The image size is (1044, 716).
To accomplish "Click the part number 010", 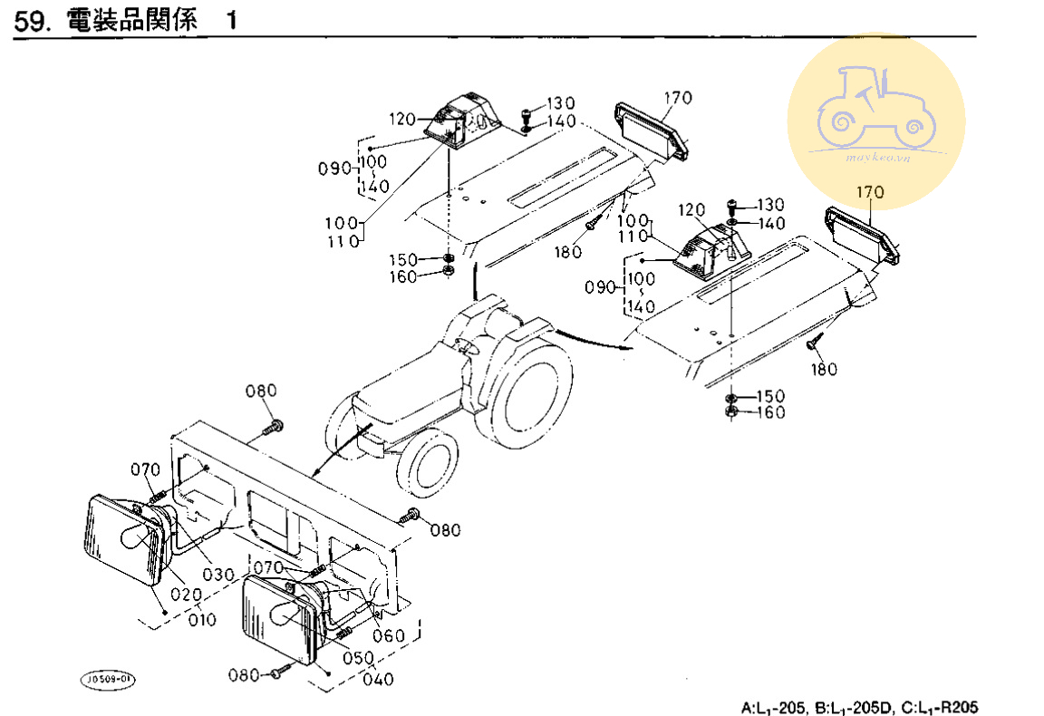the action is point(202,620).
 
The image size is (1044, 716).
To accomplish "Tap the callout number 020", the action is point(187,595).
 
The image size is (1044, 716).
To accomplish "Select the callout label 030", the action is point(218,574).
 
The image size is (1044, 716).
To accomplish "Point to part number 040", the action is point(378,680).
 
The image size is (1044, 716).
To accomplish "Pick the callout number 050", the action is point(358,658).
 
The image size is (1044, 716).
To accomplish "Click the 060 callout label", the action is point(389,636).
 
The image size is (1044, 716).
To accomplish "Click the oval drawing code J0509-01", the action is point(107,680).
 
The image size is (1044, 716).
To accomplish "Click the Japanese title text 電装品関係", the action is point(131,20).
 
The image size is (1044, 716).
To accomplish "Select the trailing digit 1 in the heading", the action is point(231,21).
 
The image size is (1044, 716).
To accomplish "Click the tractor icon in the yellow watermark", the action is point(876,107).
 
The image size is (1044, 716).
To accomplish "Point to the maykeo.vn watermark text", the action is point(877,158).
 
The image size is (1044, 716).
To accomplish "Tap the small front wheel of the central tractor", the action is point(427,463).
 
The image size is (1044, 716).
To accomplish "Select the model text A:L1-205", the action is point(774,707).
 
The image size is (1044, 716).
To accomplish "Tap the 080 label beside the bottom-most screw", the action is point(244,675).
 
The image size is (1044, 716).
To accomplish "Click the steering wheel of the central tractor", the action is point(467,345).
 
